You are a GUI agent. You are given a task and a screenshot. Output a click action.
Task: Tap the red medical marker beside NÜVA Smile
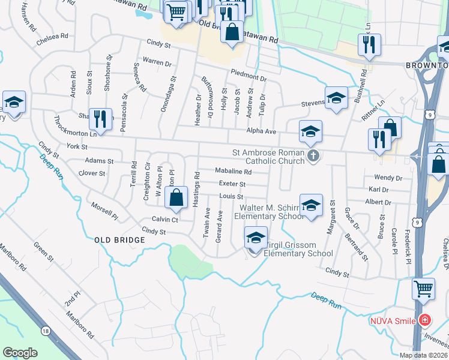pos(425,320)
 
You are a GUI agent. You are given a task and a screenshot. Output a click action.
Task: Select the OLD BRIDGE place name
pos(120,240)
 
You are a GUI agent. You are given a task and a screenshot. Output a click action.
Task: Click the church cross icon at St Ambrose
pos(312,156)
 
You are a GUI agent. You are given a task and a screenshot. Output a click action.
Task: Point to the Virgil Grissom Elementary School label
pos(292,249)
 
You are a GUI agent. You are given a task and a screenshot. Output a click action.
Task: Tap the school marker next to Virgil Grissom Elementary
pos(256,238)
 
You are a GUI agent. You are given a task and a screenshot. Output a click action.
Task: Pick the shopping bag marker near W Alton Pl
pos(176,198)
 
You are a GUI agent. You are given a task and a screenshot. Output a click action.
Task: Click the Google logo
pos(20,353)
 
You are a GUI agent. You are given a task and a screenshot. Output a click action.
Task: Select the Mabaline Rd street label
pos(233,172)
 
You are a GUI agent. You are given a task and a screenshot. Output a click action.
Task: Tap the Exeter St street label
pos(232,184)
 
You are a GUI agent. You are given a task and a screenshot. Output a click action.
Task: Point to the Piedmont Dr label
pos(249,78)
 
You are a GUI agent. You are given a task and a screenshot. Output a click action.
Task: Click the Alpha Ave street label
pos(261,131)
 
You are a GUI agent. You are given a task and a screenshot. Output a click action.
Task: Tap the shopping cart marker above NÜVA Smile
pos(423,289)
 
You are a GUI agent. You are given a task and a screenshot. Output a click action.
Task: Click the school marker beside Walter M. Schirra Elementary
pos(310,205)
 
